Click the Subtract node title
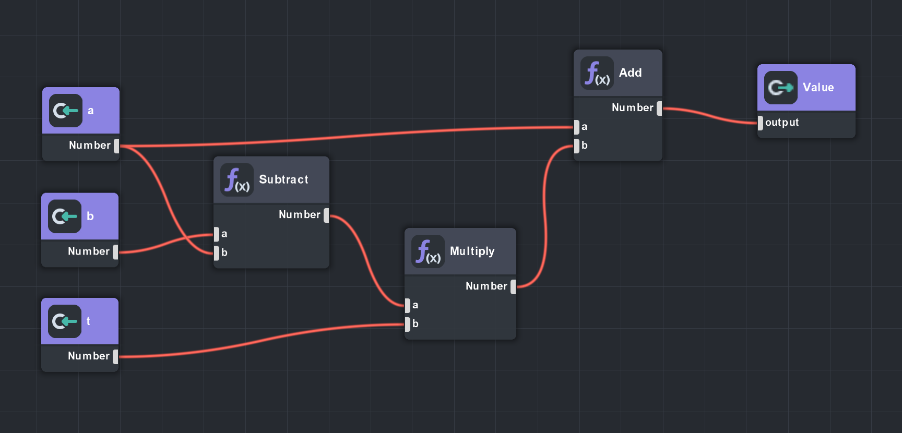tap(283, 179)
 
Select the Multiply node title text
tap(472, 251)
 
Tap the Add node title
tap(630, 73)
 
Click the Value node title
tap(818, 88)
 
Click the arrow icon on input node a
tap(66, 111)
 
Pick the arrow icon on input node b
tap(65, 216)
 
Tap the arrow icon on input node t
tap(65, 321)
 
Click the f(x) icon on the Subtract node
tap(237, 180)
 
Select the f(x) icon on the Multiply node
tap(428, 252)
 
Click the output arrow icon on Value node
tap(781, 88)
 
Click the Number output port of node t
tap(115, 356)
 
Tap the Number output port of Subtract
tap(326, 215)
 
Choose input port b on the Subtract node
tap(217, 253)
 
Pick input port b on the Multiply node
tap(408, 324)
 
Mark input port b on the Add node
tap(577, 146)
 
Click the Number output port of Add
tap(659, 108)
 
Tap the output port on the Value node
tap(761, 123)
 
